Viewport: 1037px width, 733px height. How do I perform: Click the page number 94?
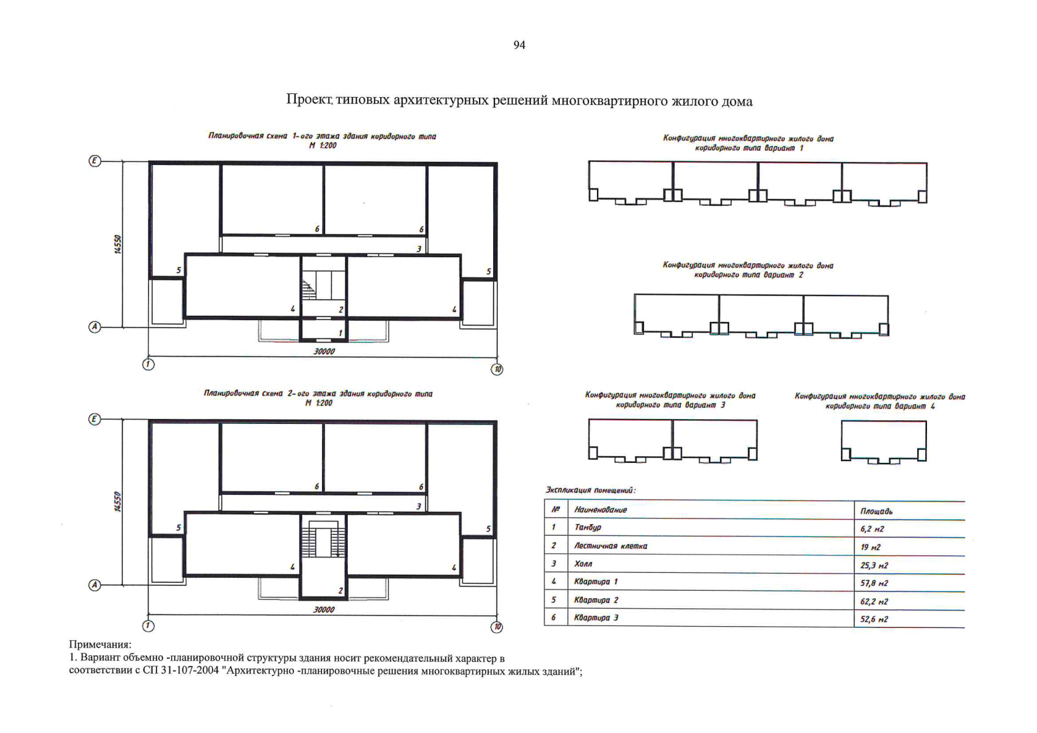(519, 45)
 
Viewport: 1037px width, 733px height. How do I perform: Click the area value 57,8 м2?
(874, 583)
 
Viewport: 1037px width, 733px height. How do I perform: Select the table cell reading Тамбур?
(588, 527)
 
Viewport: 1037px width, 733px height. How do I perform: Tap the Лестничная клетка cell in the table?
(610, 546)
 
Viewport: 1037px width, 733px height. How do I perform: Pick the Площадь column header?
(876, 511)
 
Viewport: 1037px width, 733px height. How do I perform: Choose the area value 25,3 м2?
(874, 566)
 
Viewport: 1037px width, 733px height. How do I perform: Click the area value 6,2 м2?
(872, 529)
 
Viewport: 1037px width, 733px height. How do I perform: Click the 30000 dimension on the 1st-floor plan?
(324, 351)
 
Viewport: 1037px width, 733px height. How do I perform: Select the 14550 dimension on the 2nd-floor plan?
(118, 501)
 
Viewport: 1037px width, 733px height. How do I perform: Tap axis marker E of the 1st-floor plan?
(94, 161)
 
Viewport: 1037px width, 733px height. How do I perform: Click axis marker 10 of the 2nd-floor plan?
(497, 627)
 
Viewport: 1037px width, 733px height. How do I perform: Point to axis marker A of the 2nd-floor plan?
(94, 585)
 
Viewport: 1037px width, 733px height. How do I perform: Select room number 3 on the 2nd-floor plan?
(419, 506)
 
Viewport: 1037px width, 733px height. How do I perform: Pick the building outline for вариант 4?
(884, 441)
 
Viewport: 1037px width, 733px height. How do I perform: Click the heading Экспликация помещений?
(590, 490)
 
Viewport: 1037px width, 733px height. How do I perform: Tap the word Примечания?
(100, 644)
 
